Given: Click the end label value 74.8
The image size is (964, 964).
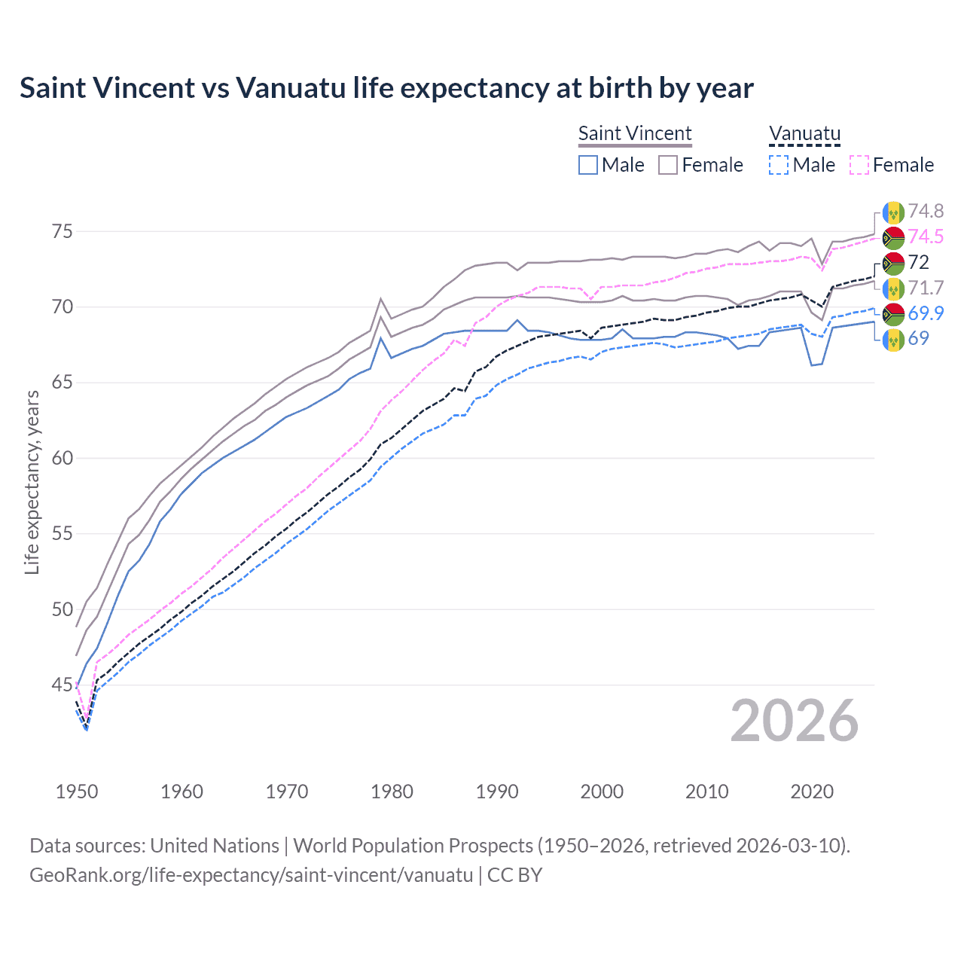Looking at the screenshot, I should pos(926,211).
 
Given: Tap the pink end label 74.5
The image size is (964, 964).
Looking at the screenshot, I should pos(926,236).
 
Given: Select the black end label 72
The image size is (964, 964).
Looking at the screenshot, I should pos(919,262).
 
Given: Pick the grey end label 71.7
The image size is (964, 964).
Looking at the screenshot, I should pos(926,288).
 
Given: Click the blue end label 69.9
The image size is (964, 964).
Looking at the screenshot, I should pos(926,313).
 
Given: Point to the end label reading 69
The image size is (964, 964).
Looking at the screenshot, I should pos(918,338).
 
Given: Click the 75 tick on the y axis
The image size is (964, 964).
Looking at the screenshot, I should pos(63,231).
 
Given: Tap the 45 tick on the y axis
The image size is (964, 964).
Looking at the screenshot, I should pos(63,685).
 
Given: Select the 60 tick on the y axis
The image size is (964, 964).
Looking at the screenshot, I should pos(63,458).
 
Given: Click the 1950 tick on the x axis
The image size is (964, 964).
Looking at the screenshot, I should pos(77,792).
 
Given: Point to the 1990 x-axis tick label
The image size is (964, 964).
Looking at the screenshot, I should pos(497,792).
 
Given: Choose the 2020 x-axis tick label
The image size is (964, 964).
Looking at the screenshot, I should pos(812,792).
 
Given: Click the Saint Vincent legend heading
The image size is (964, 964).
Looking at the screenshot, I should pos(635,133).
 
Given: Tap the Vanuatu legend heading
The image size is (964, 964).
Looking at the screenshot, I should pos(804,133).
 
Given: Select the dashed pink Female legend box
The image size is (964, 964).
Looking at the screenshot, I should pos(859,165).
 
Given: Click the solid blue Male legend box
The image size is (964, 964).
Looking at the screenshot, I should pos(588,165).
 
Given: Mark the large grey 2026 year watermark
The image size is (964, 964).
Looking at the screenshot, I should pos(795,721).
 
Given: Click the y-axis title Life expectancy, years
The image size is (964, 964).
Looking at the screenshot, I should pos(32,482).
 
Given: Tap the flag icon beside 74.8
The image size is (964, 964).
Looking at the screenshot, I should pos(893,212).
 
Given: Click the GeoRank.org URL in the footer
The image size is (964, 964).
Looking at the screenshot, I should pos(251,875).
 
